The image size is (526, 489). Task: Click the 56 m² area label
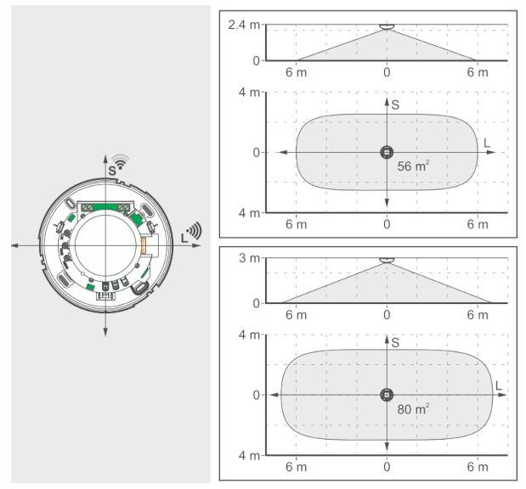(413, 166)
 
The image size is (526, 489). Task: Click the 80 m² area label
(413, 409)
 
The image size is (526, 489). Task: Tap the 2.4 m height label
(244, 25)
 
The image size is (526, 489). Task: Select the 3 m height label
(249, 258)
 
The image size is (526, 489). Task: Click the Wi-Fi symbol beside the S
(121, 161)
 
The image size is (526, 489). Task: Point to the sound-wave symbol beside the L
(195, 231)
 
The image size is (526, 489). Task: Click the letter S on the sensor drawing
(112, 171)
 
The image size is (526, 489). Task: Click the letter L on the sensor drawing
(184, 238)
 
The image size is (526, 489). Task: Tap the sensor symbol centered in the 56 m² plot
(387, 153)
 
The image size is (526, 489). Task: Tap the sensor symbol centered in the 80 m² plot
(387, 395)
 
